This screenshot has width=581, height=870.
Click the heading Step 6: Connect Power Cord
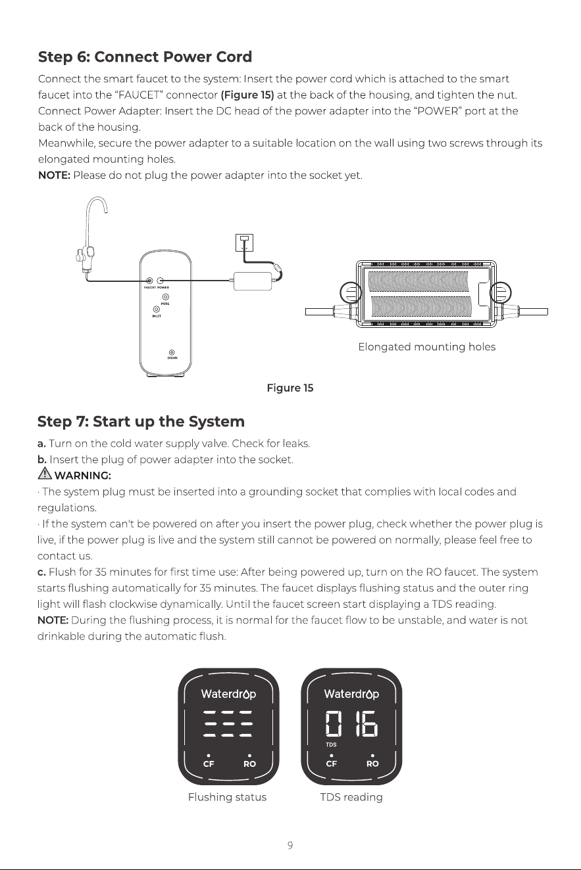click(x=145, y=57)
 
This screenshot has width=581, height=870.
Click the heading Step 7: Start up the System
click(x=141, y=422)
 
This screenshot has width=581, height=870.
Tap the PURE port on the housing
click(x=166, y=297)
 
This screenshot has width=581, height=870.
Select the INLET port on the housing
click(x=157, y=309)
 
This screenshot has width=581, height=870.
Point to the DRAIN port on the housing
click(x=172, y=352)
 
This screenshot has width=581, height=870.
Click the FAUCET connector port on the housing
click(x=149, y=281)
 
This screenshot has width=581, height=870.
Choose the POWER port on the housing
click(x=160, y=281)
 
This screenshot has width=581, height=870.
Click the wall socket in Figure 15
click(x=244, y=242)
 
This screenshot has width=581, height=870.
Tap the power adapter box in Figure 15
click(x=253, y=281)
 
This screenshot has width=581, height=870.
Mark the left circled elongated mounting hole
click(x=351, y=292)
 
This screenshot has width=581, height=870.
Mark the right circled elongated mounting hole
click(x=500, y=292)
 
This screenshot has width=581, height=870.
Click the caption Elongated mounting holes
click(x=427, y=347)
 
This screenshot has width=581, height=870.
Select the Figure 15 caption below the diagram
click(x=290, y=388)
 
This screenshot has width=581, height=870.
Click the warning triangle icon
click(x=45, y=474)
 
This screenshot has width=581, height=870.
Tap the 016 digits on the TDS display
click(x=351, y=723)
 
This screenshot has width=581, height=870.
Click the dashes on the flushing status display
click(x=228, y=723)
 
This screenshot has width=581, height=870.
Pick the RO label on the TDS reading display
click(x=372, y=764)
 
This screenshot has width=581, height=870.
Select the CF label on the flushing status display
click(x=209, y=764)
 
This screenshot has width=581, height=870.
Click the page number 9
click(x=290, y=845)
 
